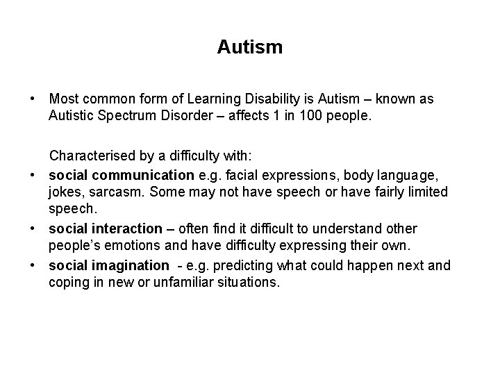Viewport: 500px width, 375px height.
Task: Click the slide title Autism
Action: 249,47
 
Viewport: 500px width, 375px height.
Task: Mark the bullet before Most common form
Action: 32,99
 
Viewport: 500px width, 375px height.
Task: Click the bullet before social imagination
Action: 32,265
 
